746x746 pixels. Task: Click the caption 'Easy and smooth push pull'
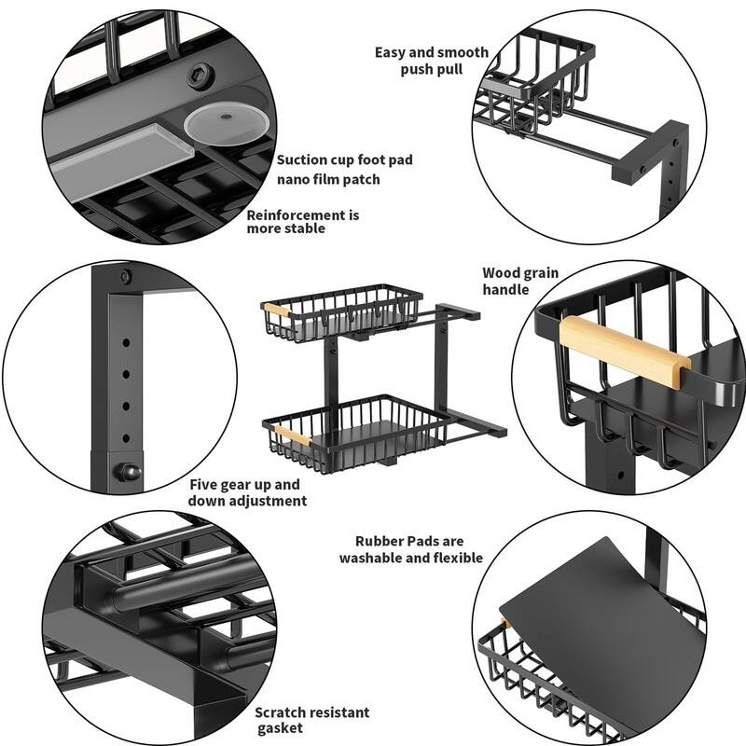pyautogui.click(x=431, y=61)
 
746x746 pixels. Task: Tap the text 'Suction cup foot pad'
pyautogui.click(x=344, y=159)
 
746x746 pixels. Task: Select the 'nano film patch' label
pyautogui.click(x=328, y=179)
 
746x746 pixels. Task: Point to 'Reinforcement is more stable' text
pyautogui.click(x=302, y=222)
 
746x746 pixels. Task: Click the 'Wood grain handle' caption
pyautogui.click(x=519, y=281)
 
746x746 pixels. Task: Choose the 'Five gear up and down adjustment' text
pyautogui.click(x=246, y=492)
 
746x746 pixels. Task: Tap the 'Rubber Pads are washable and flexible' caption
pyautogui.click(x=410, y=549)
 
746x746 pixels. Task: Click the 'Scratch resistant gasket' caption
pyautogui.click(x=311, y=721)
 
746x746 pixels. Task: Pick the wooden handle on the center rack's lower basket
pyautogui.click(x=291, y=435)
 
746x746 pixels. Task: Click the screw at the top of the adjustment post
pyautogui.click(x=125, y=277)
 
